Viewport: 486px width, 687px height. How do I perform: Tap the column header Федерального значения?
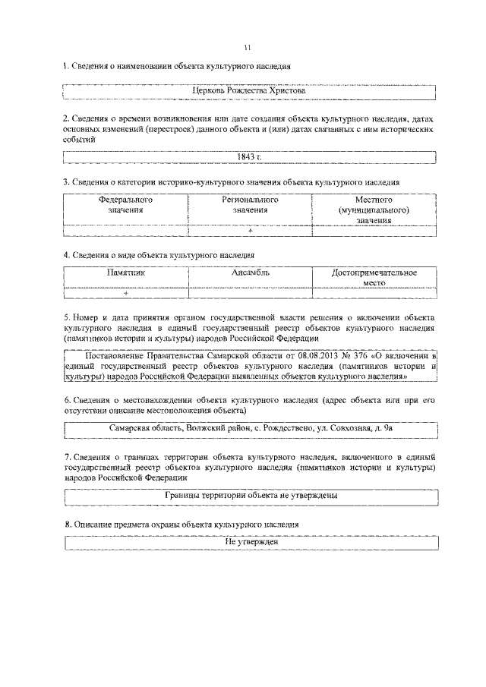(125, 205)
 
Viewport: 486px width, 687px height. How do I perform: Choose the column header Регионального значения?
(250, 205)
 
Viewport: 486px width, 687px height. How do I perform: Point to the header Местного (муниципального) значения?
(374, 210)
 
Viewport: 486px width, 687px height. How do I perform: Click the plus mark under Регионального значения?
(250, 230)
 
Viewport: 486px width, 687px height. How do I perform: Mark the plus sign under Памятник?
(125, 293)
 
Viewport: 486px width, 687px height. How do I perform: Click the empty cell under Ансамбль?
(250, 293)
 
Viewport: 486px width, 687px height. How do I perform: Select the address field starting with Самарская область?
(251, 430)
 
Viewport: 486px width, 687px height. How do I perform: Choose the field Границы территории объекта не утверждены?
(251, 495)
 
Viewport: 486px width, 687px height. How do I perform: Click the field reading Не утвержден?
(251, 542)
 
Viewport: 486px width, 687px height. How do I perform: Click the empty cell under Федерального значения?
(125, 230)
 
